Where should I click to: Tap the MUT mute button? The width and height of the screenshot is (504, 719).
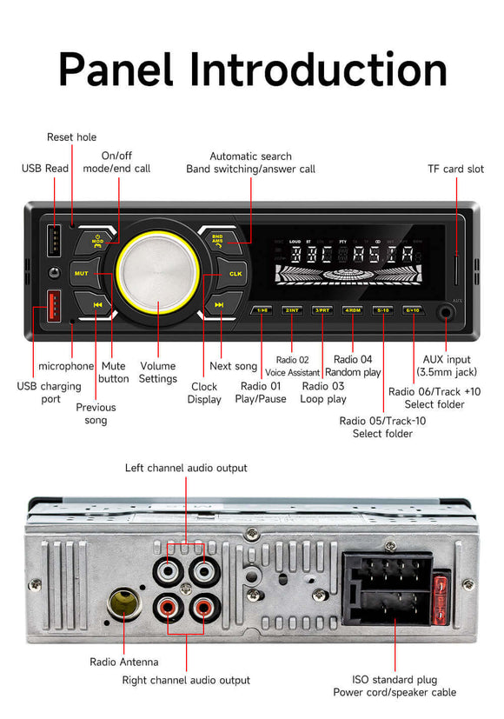[82, 273]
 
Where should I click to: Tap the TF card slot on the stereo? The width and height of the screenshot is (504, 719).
[458, 270]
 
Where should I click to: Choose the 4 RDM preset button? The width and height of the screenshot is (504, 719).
[352, 310]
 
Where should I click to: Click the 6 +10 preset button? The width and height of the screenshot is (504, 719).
[412, 310]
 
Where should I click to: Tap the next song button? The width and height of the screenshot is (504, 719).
[220, 305]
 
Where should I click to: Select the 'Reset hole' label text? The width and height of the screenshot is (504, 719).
[71, 137]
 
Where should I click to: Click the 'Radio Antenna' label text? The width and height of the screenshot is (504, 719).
[125, 662]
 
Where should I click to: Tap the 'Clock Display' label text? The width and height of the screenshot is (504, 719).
[204, 393]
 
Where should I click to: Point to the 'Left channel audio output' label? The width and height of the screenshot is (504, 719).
[186, 468]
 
